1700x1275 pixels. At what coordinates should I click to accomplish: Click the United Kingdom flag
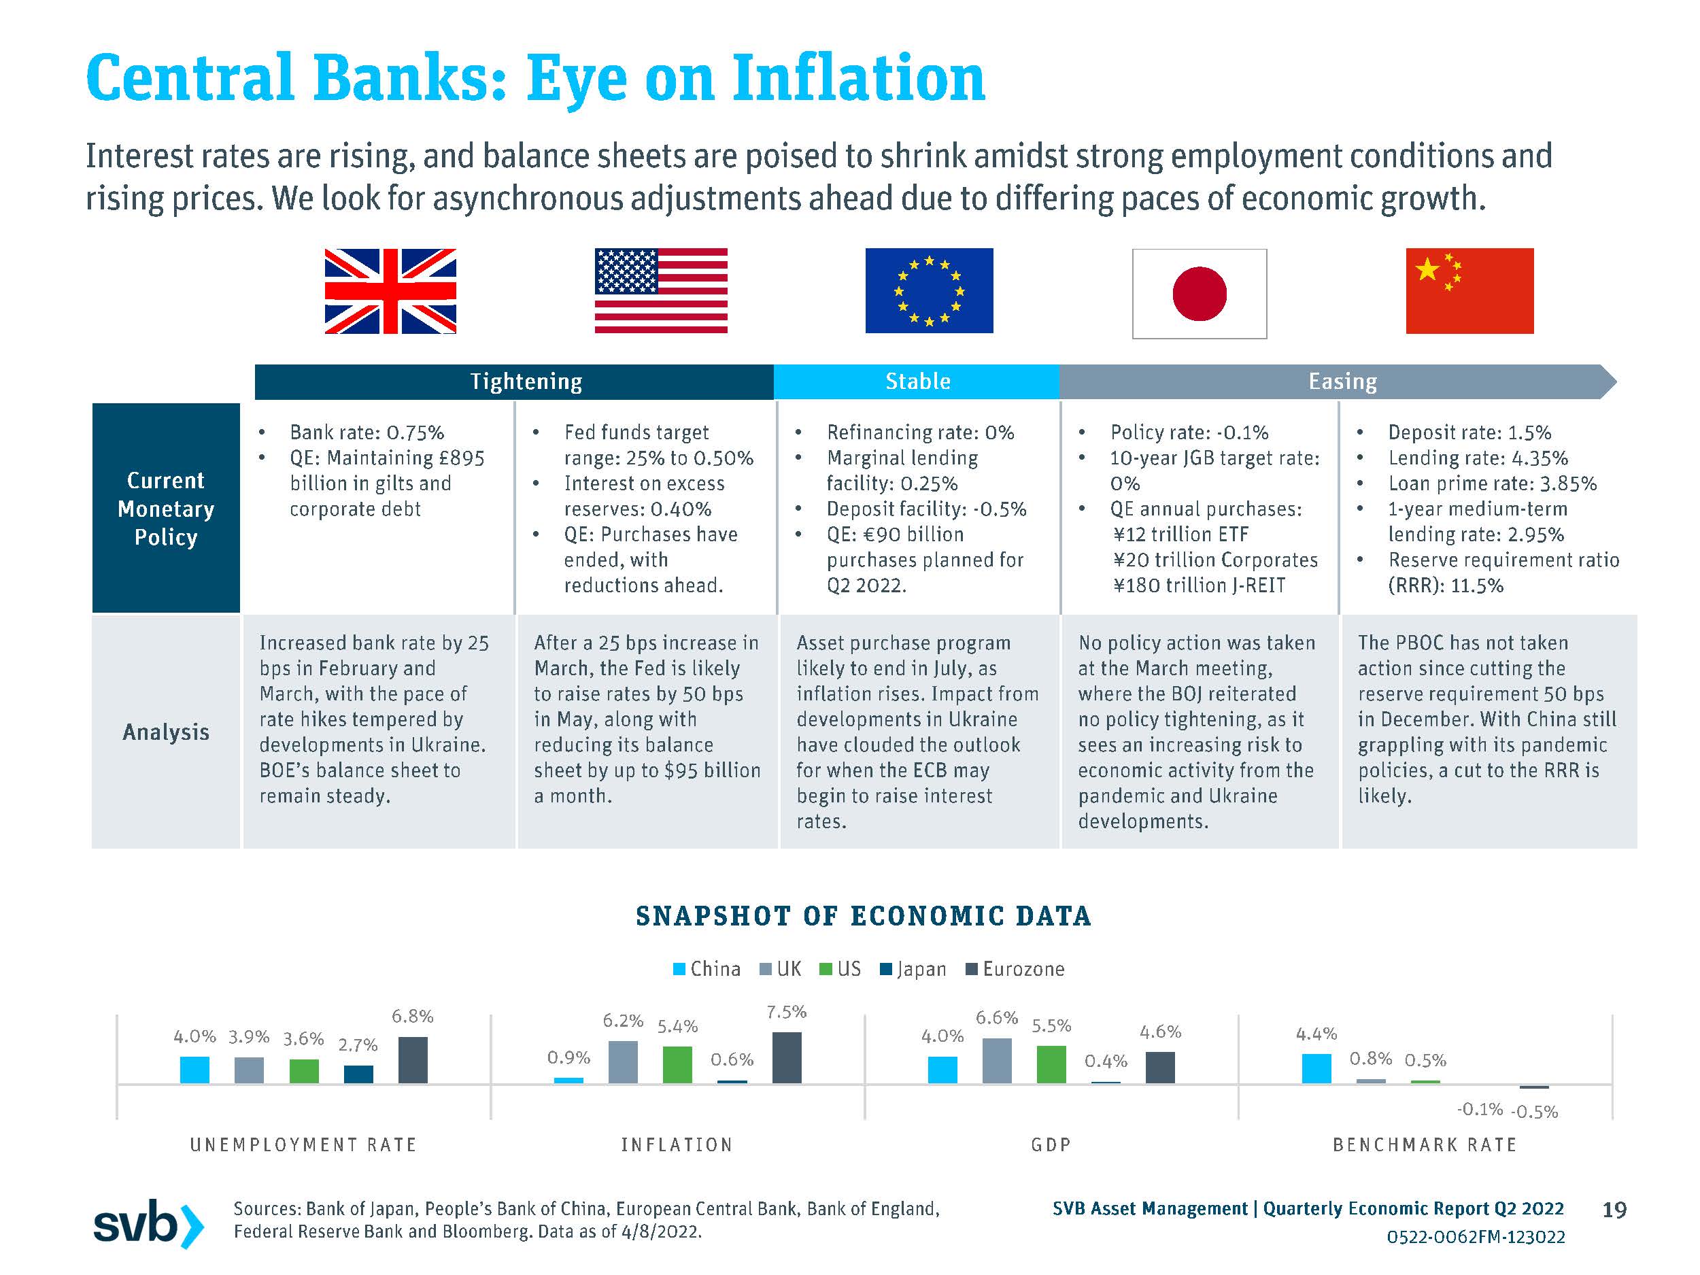(390, 291)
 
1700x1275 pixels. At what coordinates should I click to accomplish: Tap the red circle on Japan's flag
(1199, 294)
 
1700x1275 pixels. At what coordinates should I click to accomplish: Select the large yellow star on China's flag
(1427, 270)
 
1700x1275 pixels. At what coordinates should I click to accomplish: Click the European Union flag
(928, 290)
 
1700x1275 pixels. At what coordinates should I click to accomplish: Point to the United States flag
(661, 290)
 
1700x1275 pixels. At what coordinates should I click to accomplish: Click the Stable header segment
(917, 382)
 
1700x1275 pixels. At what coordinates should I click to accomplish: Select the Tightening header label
(526, 382)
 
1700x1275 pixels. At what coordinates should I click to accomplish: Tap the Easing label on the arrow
(1342, 382)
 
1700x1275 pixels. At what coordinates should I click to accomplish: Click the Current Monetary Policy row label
(166, 508)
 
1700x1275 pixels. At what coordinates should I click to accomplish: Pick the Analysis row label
(166, 732)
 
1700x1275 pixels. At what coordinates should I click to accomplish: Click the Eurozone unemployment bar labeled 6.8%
(413, 1060)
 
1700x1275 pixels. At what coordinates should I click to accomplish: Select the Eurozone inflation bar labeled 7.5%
(786, 1057)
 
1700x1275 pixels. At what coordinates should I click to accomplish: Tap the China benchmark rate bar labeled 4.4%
(1316, 1068)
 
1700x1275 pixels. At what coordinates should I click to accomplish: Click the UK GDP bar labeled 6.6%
(997, 1061)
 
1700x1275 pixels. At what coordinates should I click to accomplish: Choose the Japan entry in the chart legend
(913, 969)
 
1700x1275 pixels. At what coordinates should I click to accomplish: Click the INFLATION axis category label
(677, 1145)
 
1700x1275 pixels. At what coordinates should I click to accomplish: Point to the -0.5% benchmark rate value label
(1534, 1112)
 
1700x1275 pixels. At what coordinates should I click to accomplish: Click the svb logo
(148, 1223)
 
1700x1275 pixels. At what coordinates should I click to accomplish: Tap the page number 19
(1614, 1210)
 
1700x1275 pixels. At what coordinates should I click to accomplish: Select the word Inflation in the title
(858, 78)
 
